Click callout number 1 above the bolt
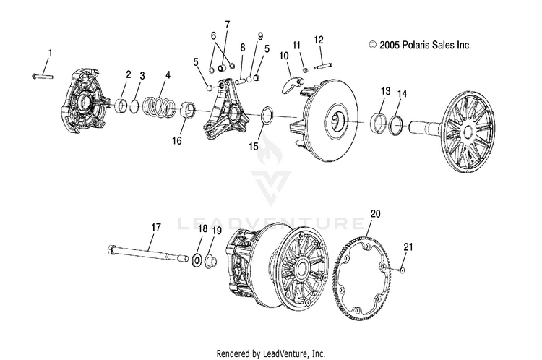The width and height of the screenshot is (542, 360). coord(50,53)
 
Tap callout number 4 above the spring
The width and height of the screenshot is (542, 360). coord(168,74)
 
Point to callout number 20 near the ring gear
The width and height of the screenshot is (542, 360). coord(374,214)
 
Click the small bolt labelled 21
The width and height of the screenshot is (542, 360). coord(401,269)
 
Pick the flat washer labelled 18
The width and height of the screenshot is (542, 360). coord(197,258)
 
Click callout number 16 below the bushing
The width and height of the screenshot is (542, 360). coord(176,141)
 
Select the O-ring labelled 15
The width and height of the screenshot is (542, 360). coord(266,114)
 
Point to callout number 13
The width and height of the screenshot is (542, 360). coord(384,92)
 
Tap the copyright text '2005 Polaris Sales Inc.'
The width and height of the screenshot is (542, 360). coord(419,45)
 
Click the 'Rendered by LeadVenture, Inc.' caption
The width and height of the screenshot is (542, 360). coord(271,353)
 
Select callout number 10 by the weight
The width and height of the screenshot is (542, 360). coord(283,56)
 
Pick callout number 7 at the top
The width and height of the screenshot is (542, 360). coord(227,24)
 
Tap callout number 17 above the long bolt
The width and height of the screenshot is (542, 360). coord(155,227)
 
